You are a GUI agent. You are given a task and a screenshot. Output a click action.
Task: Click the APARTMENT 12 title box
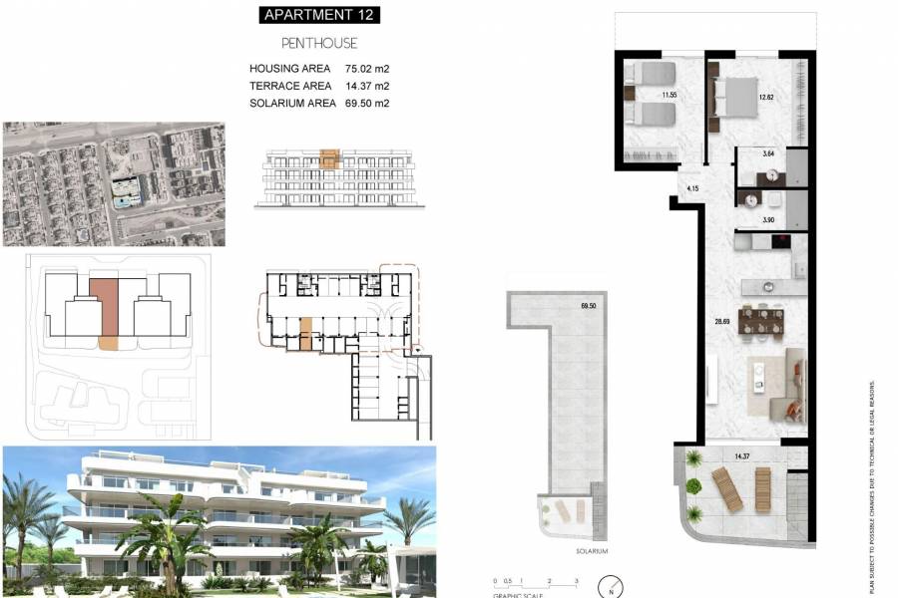coord(319,15)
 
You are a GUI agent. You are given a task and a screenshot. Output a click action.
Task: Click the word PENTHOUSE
coord(319,44)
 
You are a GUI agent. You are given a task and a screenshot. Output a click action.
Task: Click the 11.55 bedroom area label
coord(642,95)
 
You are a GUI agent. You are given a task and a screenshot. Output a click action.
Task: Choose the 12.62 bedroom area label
coord(766,97)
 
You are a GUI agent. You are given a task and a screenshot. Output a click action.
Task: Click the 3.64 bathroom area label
coord(768,153)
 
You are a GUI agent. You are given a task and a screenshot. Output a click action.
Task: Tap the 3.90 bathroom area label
coord(768,219)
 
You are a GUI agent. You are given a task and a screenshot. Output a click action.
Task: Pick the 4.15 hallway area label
coord(693,188)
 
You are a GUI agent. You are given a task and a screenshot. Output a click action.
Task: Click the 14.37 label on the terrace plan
coord(741,456)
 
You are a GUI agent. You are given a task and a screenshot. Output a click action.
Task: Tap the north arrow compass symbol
coord(608,588)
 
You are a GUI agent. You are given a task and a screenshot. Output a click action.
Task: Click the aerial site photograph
coord(112,183)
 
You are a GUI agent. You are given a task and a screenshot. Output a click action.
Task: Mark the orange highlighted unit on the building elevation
coord(329,157)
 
